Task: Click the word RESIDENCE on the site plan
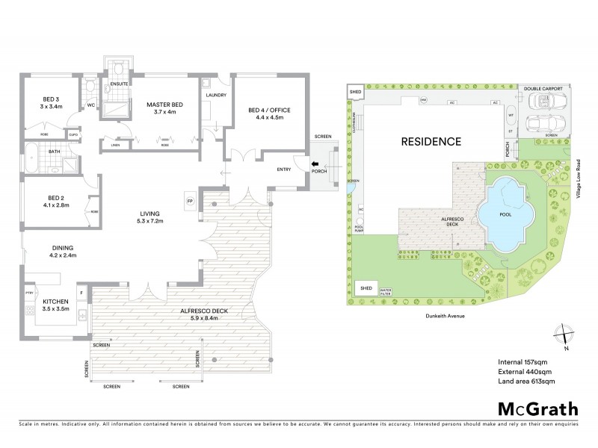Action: tap(431, 141)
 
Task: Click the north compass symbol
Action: tap(562, 335)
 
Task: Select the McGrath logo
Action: tap(537, 408)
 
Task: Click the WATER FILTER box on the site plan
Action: tap(386, 291)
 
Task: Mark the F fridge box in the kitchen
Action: tap(81, 293)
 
